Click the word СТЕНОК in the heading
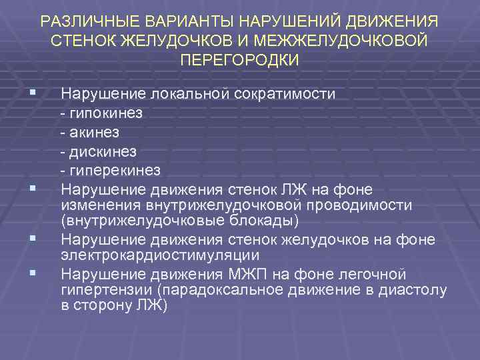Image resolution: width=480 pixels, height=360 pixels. [x=81, y=41]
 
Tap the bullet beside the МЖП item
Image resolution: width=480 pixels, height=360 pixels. [x=24, y=273]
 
